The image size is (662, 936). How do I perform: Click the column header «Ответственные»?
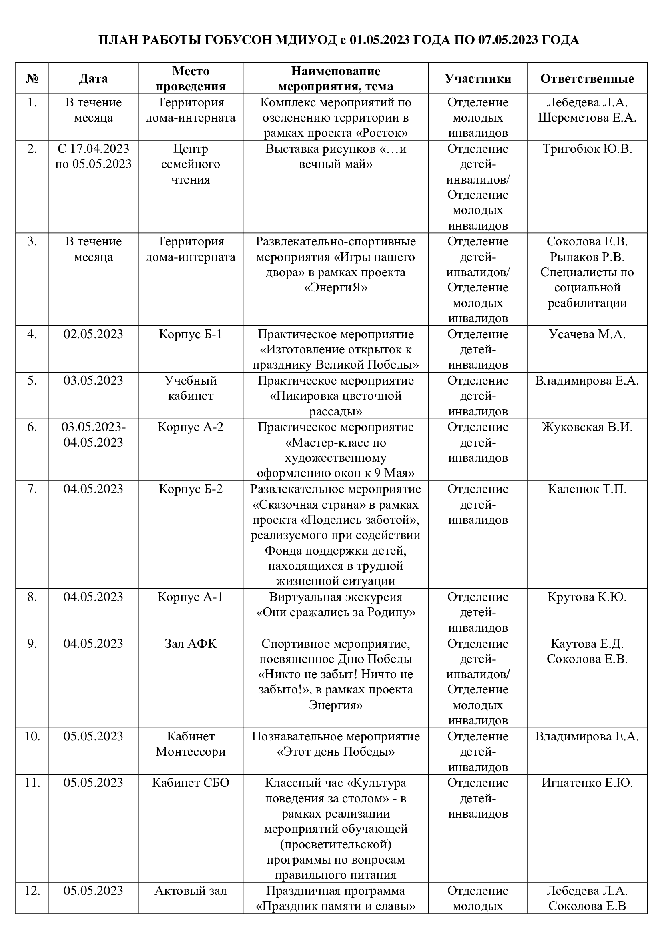tap(587, 79)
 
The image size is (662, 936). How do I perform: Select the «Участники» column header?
tap(478, 79)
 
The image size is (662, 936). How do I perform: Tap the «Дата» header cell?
tap(93, 79)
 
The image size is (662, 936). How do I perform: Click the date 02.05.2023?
tap(93, 334)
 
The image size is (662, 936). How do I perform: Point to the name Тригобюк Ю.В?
tap(587, 149)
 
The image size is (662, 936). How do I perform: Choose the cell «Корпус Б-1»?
tap(191, 334)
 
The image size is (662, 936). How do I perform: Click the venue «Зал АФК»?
tap(191, 644)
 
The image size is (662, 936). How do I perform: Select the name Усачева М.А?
tap(587, 334)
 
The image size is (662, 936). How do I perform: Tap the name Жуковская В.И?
tap(587, 427)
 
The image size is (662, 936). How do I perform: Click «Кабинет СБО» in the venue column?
tap(191, 783)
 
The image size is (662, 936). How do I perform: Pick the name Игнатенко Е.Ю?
tap(587, 783)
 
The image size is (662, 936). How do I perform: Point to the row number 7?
tap(32, 489)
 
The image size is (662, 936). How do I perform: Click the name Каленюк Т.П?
tap(587, 489)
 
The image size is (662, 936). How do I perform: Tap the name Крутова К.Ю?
tap(587, 597)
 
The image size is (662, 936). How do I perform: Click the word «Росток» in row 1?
tap(383, 133)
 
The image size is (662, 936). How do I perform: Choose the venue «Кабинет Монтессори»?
tap(191, 744)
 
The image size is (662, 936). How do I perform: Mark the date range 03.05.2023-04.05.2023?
tap(93, 435)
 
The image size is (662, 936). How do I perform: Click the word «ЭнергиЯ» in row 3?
tap(335, 288)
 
